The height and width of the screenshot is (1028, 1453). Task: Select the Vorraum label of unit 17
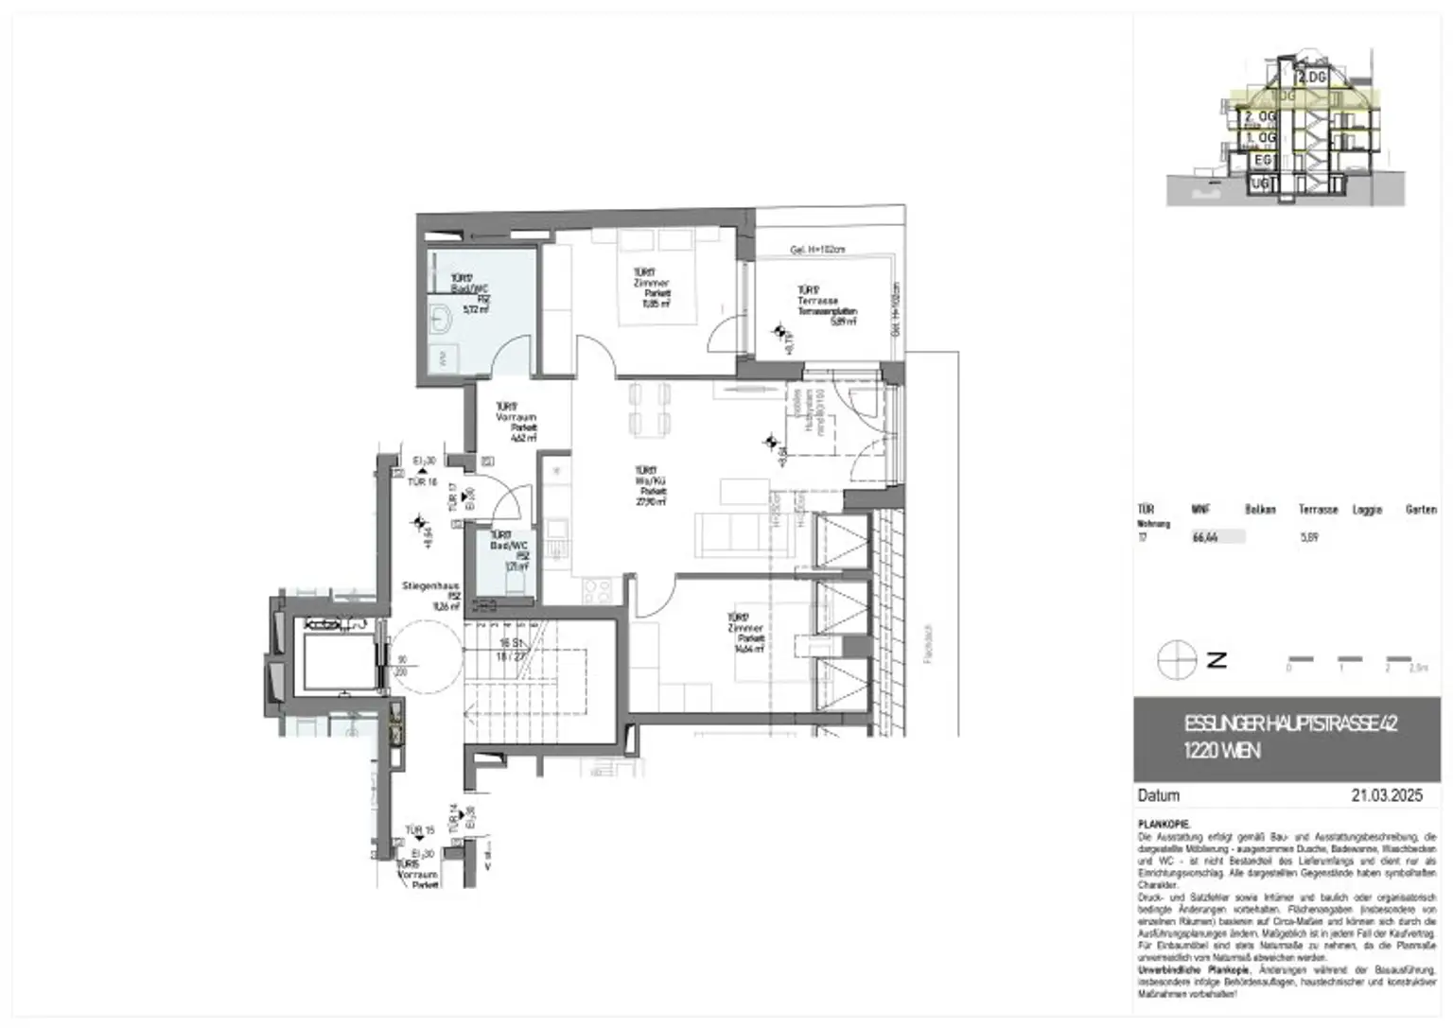516,417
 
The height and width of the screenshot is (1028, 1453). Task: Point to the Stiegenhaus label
430,586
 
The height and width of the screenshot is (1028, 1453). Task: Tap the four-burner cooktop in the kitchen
596,591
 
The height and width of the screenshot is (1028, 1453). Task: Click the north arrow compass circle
1176,659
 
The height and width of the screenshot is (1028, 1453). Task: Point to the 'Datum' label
1159,795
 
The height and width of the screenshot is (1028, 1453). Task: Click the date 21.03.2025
1386,795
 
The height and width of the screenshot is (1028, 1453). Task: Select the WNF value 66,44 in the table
1204,537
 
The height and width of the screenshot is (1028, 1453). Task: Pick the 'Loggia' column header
1367,510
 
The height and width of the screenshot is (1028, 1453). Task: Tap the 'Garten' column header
1420,510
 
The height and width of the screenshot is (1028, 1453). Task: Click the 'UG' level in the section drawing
1262,183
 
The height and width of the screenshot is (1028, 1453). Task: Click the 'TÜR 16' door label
422,482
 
